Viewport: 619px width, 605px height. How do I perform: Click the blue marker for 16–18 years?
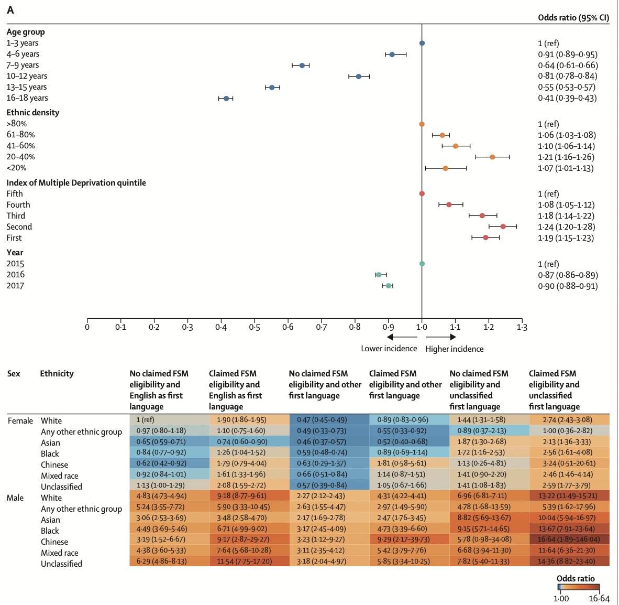[x=226, y=99]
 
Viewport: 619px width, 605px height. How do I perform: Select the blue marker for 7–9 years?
[x=302, y=66]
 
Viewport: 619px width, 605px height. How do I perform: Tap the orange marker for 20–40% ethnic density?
[x=492, y=157]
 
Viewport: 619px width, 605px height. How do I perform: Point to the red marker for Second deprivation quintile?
[x=503, y=226]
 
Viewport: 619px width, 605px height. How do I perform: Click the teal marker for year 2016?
[x=379, y=275]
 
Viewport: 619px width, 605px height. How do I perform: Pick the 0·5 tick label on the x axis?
[x=254, y=328]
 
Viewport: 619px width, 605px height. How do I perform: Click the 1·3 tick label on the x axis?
[x=522, y=328]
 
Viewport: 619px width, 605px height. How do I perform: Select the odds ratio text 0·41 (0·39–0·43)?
[x=567, y=98]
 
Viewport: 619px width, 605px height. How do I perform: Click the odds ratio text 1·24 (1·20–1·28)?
[x=566, y=227]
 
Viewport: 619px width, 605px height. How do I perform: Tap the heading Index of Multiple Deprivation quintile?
[x=76, y=182]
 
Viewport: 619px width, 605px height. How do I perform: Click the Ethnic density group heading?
[x=33, y=112]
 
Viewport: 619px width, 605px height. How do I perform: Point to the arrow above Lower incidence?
[x=402, y=338]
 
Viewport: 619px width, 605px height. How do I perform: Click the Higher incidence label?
[x=454, y=349]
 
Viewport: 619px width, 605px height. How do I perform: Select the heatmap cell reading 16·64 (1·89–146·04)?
[x=569, y=539]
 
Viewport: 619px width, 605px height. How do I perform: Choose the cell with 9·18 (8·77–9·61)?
[x=248, y=495]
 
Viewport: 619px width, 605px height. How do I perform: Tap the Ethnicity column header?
[x=57, y=373]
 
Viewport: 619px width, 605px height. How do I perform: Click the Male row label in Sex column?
[x=15, y=498]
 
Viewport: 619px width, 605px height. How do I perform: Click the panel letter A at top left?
[x=10, y=10]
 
